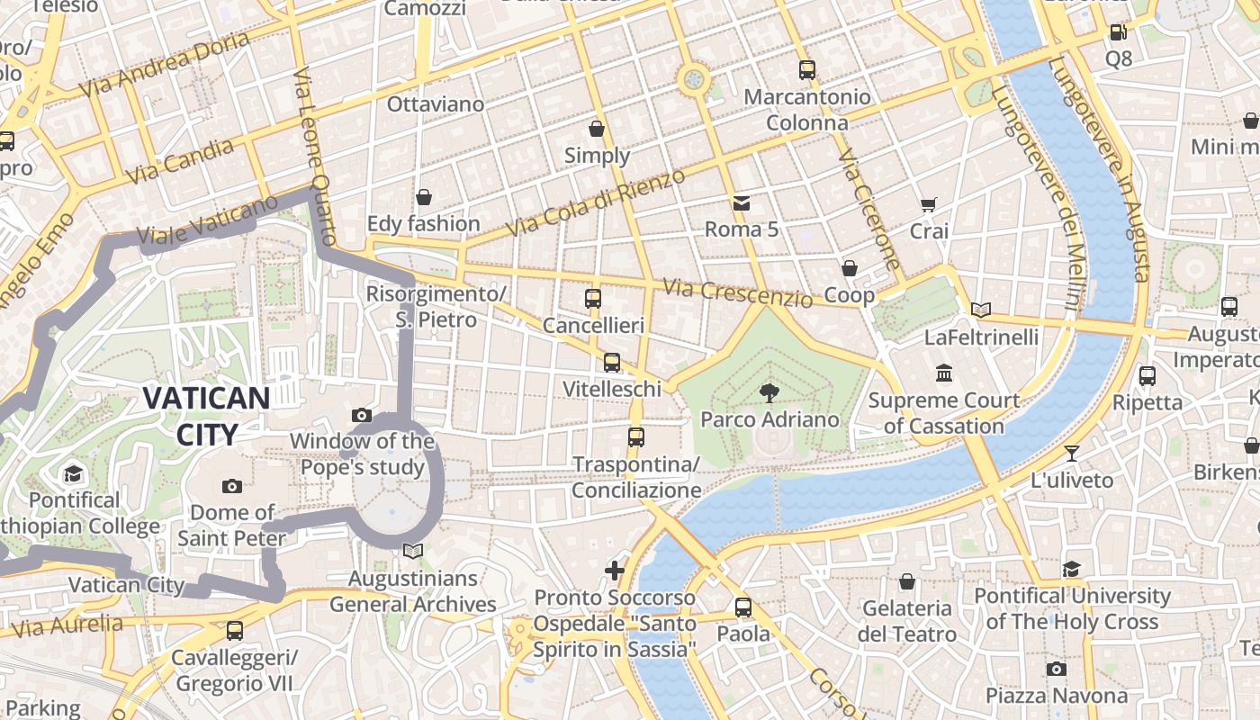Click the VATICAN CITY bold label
[206, 416]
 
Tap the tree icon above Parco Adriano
[769, 392]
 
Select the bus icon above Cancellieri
[592, 298]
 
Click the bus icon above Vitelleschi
[612, 362]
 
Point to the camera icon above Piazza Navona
[1056, 669]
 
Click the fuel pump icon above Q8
[1118, 31]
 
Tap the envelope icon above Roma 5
[741, 202]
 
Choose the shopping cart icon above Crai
[929, 204]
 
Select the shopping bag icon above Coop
[849, 268]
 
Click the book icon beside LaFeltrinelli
[980, 310]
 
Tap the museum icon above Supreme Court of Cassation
[943, 373]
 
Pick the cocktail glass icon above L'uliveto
[1071, 453]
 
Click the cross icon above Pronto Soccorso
[614, 570]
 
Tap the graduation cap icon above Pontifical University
[1071, 569]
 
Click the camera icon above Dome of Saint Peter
[231, 486]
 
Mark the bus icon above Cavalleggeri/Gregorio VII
[234, 630]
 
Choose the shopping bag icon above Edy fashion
[423, 196]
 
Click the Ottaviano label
[435, 104]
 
